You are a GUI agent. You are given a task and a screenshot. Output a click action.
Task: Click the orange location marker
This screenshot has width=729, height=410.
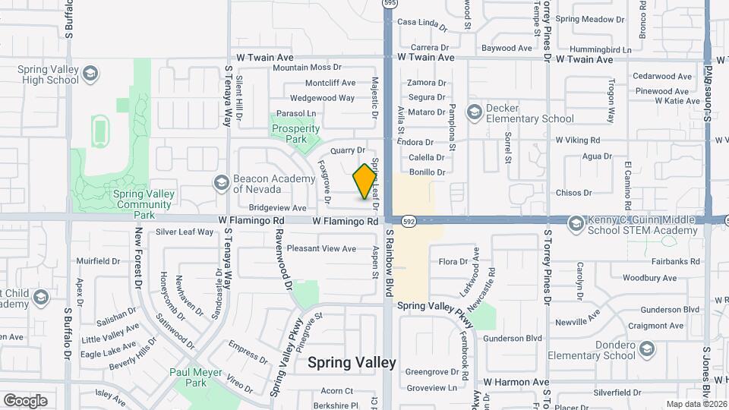[x=365, y=181]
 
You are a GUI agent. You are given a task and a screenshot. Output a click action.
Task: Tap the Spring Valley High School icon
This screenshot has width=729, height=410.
[x=90, y=74]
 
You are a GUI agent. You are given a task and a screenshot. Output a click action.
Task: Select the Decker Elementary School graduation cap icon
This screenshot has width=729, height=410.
[x=475, y=112]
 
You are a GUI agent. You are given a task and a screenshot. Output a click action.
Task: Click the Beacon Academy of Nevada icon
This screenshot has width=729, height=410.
[x=221, y=182]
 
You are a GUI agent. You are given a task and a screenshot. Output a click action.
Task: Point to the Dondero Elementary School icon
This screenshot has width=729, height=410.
[x=647, y=349]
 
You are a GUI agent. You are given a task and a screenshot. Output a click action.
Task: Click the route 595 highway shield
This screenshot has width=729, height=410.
[x=390, y=4]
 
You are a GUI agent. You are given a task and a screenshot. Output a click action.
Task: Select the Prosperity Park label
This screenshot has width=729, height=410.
[x=295, y=134]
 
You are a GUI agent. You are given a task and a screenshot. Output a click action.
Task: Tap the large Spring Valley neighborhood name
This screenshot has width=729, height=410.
[x=352, y=363]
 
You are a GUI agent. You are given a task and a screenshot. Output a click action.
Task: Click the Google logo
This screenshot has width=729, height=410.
[x=25, y=400]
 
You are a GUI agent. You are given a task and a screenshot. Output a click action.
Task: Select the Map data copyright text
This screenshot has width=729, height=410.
[x=696, y=404]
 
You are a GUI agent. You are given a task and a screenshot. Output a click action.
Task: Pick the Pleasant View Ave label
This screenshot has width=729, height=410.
[x=321, y=248]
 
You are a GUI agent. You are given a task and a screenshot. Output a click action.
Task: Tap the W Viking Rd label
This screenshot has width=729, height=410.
[x=578, y=140]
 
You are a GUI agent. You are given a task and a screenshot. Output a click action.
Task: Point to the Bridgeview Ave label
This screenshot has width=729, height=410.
[x=277, y=207]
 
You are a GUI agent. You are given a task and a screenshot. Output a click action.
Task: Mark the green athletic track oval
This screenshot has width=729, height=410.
[x=99, y=132]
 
